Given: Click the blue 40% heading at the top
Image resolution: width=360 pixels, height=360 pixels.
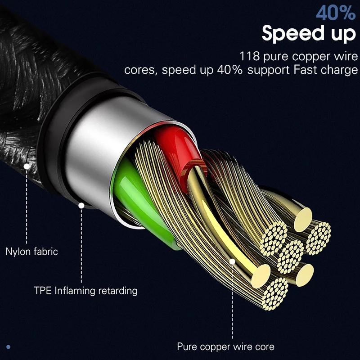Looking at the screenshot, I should click(336, 13).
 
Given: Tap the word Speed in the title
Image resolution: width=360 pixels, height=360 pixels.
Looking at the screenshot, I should click(295, 34).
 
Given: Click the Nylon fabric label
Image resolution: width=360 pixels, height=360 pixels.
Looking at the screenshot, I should click(31, 251).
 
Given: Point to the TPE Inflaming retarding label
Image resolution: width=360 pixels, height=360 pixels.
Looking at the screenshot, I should click(85, 290).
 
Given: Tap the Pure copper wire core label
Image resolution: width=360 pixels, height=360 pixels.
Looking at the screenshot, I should click(225, 346).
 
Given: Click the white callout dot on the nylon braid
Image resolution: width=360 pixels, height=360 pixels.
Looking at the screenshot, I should click(27, 166).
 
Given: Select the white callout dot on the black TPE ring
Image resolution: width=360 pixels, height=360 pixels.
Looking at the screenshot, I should click(81, 206).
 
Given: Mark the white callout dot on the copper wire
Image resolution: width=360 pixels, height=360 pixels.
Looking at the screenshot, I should click(232, 261).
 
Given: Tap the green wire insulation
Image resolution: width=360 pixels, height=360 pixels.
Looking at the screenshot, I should click(135, 198).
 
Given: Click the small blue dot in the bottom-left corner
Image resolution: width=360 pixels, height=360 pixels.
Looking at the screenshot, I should click(9, 346).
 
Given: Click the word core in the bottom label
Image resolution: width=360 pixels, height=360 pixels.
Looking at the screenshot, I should click(264, 346).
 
